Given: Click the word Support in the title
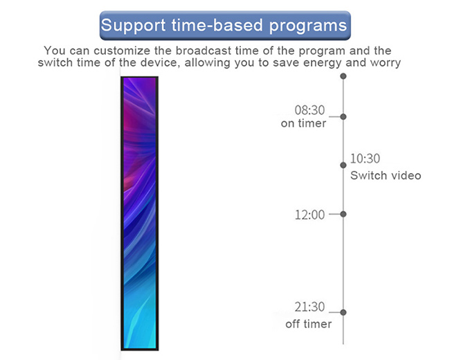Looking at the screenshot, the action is tap(133, 26).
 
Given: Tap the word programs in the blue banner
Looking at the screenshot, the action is tap(308, 26).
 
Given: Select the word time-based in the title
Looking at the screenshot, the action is tap(217, 25).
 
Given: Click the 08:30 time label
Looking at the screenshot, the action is tap(309, 110).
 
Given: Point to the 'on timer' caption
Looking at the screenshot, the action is tap(303, 123).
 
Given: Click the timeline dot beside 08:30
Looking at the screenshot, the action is tap(343, 116).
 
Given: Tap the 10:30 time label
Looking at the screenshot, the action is tap(365, 159).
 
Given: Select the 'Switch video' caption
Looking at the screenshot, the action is tap(386, 175).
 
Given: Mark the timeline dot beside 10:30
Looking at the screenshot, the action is tap(343, 165).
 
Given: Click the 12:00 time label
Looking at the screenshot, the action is tap(309, 215).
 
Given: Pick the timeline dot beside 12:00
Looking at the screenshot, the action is tap(343, 214).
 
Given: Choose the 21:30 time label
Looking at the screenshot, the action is tap(309, 307).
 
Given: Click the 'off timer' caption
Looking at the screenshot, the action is tap(309, 324).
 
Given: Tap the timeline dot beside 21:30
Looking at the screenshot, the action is tap(343, 312).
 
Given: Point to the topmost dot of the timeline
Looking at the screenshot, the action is tap(343, 76).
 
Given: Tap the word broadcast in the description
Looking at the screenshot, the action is tap(203, 51).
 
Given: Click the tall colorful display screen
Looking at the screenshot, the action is tap(140, 213).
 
